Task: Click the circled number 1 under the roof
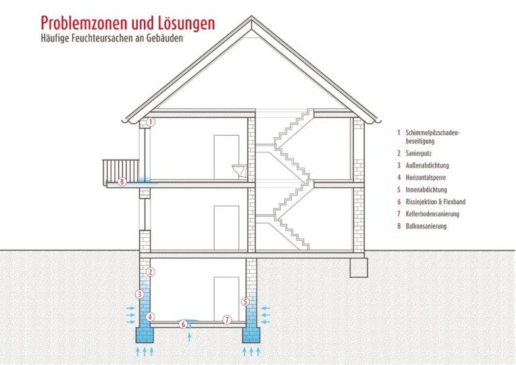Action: pos(151,122)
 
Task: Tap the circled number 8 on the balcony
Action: pos(122,181)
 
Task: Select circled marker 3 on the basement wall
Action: pos(140,294)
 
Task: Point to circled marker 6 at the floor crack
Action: pos(183,324)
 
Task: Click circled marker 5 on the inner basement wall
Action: pos(245,301)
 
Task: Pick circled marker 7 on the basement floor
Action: pos(227,320)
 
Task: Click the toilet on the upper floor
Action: pos(240,170)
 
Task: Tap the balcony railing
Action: pos(121,170)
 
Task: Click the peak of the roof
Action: pos(251,16)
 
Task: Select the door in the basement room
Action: pos(226,299)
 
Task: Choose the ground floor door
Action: pos(226,228)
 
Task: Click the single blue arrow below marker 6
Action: pos(189,337)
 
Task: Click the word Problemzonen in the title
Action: pos(84,24)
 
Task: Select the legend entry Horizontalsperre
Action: pos(425,178)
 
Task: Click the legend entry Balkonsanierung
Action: pos(426,226)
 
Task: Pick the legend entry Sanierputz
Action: pos(419,153)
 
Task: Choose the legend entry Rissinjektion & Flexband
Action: pos(436,201)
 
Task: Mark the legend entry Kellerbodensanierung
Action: pos(432,214)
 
